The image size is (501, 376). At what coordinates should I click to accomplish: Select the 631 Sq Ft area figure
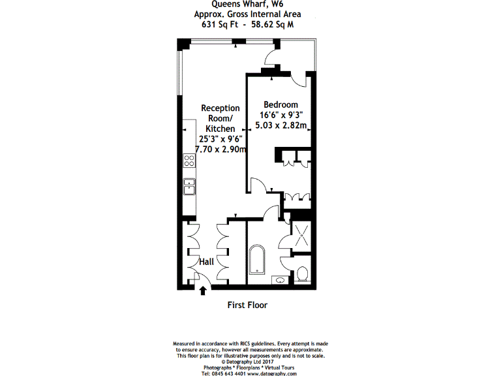220,25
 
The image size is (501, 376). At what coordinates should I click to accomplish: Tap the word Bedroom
281,104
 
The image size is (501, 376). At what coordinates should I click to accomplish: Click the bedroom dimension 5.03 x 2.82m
281,126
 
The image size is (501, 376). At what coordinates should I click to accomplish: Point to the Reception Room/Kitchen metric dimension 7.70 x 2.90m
220,149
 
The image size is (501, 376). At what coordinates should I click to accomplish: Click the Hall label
207,262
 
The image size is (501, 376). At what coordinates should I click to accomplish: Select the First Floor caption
247,305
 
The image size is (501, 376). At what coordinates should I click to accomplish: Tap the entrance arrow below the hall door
203,290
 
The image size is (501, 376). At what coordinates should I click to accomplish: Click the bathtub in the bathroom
256,264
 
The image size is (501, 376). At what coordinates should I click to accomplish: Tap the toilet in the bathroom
302,274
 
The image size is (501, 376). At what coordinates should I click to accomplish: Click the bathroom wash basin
279,281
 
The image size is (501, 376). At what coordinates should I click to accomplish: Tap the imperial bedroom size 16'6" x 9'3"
281,116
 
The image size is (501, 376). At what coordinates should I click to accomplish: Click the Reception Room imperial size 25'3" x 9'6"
220,139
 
